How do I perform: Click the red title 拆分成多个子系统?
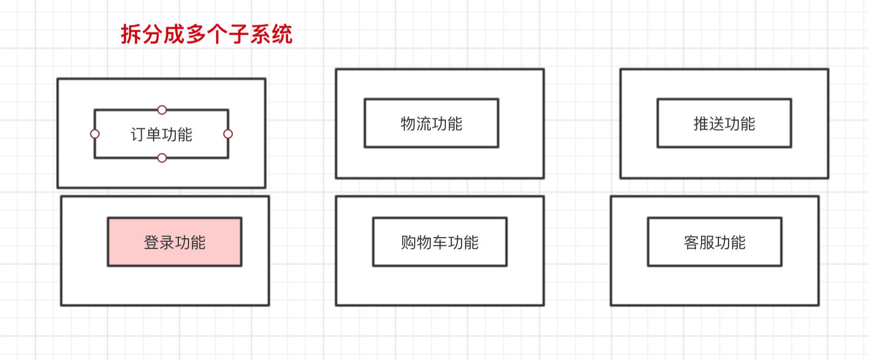click(206, 34)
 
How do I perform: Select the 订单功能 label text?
click(161, 134)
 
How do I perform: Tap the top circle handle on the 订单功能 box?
click(162, 110)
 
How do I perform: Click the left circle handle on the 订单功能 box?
click(95, 134)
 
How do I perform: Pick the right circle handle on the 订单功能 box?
click(228, 134)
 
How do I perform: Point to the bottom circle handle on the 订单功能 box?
click(162, 158)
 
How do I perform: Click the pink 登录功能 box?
click(175, 242)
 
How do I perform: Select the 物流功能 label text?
click(431, 124)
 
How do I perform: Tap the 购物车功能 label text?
click(439, 242)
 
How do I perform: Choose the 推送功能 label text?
click(724, 124)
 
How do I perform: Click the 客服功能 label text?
click(715, 242)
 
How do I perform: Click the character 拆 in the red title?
click(131, 34)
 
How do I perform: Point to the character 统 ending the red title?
click(282, 34)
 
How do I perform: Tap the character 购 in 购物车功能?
click(409, 242)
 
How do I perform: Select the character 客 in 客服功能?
click(691, 242)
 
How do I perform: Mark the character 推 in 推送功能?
click(701, 124)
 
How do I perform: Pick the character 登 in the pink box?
click(151, 242)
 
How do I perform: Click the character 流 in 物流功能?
click(424, 124)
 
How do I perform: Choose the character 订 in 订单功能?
click(139, 134)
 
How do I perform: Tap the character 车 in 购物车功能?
click(439, 242)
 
